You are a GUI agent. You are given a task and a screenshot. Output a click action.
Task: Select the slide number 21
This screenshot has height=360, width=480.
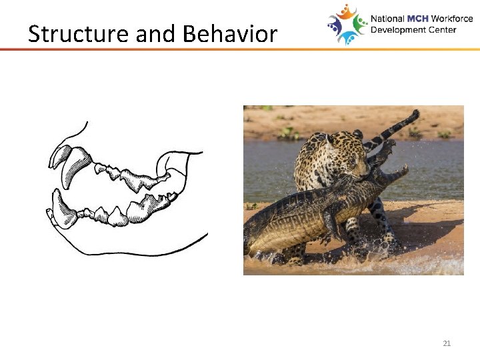447,343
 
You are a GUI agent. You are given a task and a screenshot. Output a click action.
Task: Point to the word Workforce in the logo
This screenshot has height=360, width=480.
452,19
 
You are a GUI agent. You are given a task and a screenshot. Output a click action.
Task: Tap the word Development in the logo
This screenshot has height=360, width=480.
397,30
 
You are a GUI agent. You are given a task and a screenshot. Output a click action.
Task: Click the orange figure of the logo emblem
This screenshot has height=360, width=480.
346,12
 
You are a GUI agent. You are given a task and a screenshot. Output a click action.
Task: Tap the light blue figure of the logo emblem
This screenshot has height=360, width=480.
348,37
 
